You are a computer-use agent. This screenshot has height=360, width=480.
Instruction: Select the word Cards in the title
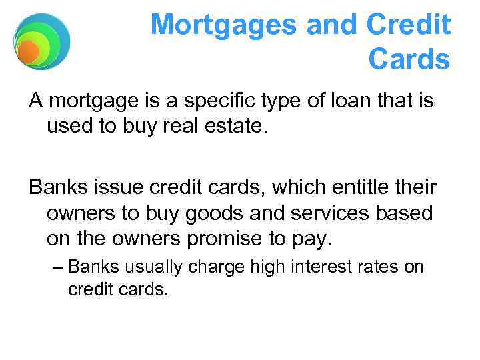[x=409, y=60]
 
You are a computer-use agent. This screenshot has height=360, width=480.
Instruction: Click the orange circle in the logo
[x=28, y=51]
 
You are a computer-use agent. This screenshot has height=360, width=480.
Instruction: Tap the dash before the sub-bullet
[x=57, y=267]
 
